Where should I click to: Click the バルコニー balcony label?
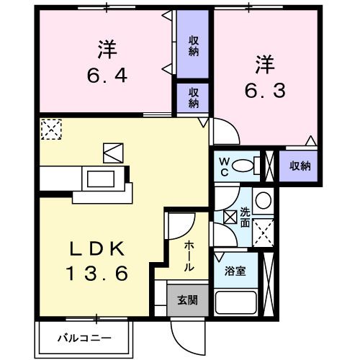[85, 337]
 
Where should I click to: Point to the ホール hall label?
[189, 256]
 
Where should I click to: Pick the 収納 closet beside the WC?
[300, 166]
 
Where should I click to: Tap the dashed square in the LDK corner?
[51, 129]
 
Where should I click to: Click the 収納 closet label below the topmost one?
[194, 96]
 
